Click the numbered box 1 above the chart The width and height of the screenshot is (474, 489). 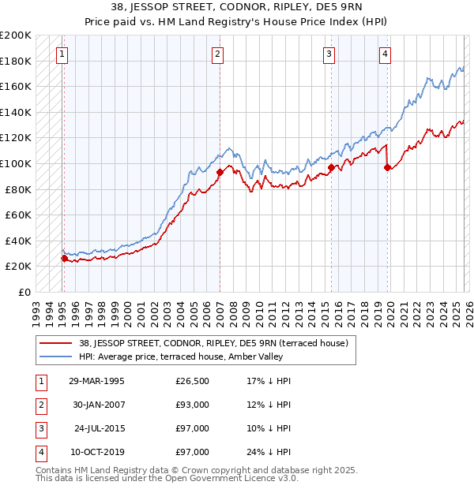click(x=62, y=54)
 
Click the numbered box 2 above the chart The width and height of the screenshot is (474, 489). click(x=217, y=54)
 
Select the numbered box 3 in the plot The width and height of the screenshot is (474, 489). click(x=329, y=54)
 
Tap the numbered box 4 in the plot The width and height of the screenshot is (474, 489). click(x=385, y=54)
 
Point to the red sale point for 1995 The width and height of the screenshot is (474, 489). click(x=64, y=258)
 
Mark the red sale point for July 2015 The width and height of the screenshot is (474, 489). click(x=330, y=166)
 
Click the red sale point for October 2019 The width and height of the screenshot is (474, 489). click(x=387, y=166)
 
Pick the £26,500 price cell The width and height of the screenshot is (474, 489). click(x=192, y=381)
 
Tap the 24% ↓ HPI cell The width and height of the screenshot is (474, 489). click(x=269, y=452)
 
